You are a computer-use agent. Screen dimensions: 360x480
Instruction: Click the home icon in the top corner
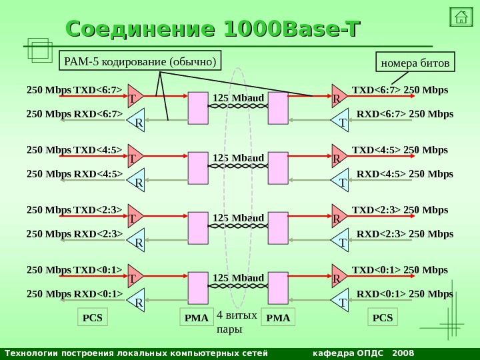[x=461, y=17]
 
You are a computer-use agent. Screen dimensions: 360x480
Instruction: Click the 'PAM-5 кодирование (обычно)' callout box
[x=141, y=61]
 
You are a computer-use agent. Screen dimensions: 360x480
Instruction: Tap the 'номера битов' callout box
[x=415, y=63]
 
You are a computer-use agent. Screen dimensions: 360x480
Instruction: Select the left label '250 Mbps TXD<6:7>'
[x=75, y=90]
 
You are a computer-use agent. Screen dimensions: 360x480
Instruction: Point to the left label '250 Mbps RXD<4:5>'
[x=75, y=175]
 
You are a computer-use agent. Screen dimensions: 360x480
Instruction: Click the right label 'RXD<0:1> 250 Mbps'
[x=405, y=293]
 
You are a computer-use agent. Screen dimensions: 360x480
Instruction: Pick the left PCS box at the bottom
[x=93, y=317]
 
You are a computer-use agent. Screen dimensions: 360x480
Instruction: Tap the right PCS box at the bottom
[x=383, y=317]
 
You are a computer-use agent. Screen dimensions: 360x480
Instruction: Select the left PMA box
[x=197, y=318]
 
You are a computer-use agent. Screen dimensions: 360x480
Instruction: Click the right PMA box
[x=279, y=318]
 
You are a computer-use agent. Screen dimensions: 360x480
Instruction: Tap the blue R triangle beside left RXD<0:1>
[x=137, y=301]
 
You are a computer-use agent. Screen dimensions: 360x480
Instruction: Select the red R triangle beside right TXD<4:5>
[x=338, y=157]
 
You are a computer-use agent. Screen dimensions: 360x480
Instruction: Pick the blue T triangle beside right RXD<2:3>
[x=341, y=241]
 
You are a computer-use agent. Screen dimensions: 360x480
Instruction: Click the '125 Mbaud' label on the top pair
[x=239, y=99]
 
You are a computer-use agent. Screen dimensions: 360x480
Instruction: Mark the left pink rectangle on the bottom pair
[x=198, y=288]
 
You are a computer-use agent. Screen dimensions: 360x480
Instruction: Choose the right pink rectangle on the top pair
[x=278, y=108]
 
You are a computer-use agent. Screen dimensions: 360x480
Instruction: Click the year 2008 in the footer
[x=403, y=353]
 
